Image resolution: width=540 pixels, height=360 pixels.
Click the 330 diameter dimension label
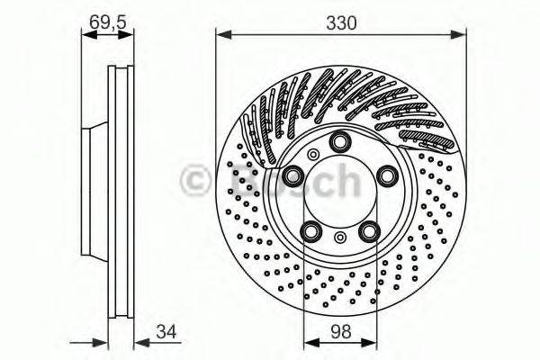click(341, 22)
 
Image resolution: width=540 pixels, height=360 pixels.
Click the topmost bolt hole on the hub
click(340, 141)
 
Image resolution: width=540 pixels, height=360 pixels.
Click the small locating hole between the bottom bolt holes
click(340, 238)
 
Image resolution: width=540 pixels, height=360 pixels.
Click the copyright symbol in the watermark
click(199, 181)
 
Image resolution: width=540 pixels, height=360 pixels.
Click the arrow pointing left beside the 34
click(139, 341)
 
